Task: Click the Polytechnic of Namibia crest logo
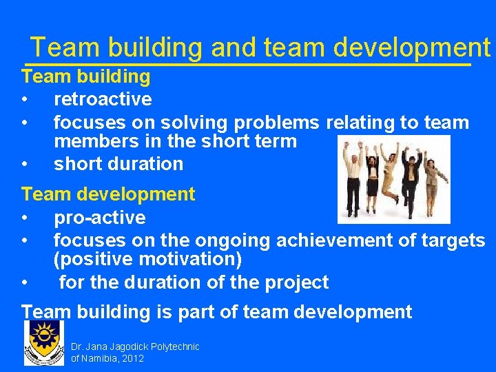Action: (44, 343)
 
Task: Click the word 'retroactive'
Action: (103, 99)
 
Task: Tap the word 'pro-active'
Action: (99, 218)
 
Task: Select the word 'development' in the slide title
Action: (411, 47)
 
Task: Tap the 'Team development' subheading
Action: (108, 194)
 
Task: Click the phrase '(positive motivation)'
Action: (147, 260)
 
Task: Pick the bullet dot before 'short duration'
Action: (25, 165)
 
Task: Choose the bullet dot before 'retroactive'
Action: (25, 100)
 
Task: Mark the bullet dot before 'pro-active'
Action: (25, 218)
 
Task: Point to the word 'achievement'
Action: (333, 240)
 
